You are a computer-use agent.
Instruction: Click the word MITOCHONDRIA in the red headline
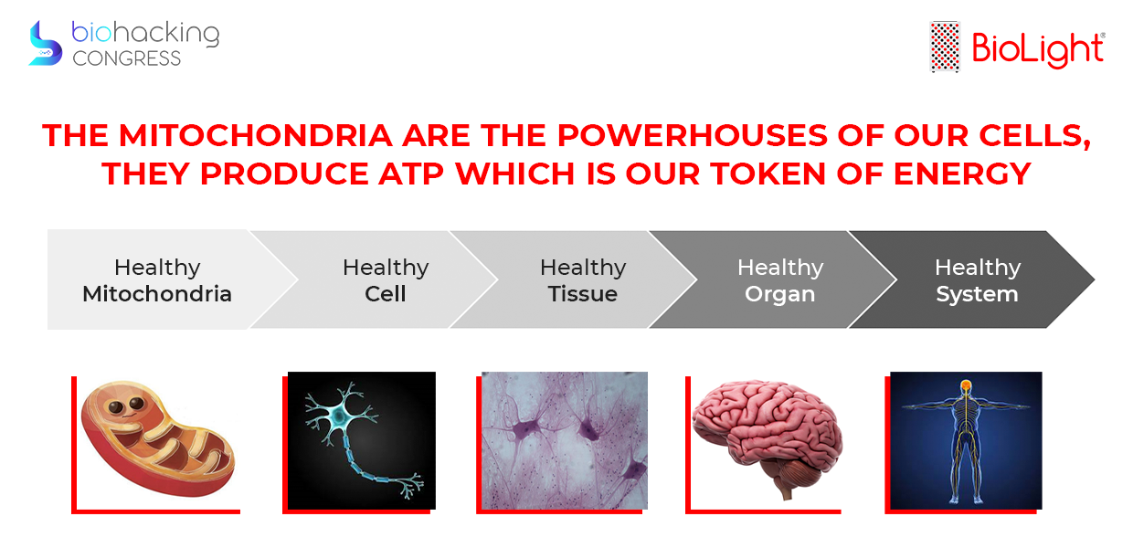point(256,135)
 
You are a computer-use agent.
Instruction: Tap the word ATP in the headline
point(411,174)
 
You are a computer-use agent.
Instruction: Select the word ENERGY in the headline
point(962,174)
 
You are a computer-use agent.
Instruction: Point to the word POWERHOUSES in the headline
point(692,135)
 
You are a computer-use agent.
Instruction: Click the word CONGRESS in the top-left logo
point(126,58)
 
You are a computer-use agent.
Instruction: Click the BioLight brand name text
point(1038,48)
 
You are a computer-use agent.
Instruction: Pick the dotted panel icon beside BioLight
point(945,47)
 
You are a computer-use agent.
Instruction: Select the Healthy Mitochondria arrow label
point(157,280)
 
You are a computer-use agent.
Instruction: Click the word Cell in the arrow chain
point(386,294)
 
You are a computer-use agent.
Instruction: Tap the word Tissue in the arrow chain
point(583,294)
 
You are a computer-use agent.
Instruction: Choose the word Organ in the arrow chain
point(780,294)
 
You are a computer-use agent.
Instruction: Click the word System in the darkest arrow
point(978,294)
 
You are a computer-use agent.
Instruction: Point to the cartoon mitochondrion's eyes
point(126,405)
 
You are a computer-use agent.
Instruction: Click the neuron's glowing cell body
point(338,417)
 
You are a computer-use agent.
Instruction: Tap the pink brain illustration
point(767,436)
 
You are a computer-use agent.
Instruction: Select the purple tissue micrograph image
point(565,440)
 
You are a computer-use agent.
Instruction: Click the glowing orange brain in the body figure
point(966,386)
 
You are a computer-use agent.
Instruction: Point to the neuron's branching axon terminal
point(411,484)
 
